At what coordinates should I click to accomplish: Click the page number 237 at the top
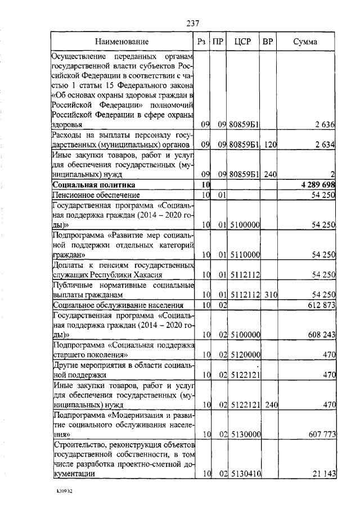pyautogui.click(x=193, y=23)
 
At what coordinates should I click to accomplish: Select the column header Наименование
pyautogui.click(x=122, y=42)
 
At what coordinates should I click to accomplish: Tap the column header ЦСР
pyautogui.click(x=242, y=42)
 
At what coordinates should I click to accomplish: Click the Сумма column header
pyautogui.click(x=305, y=42)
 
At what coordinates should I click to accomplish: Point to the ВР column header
pyautogui.click(x=268, y=42)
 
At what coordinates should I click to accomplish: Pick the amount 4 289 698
pyautogui.click(x=317, y=184)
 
